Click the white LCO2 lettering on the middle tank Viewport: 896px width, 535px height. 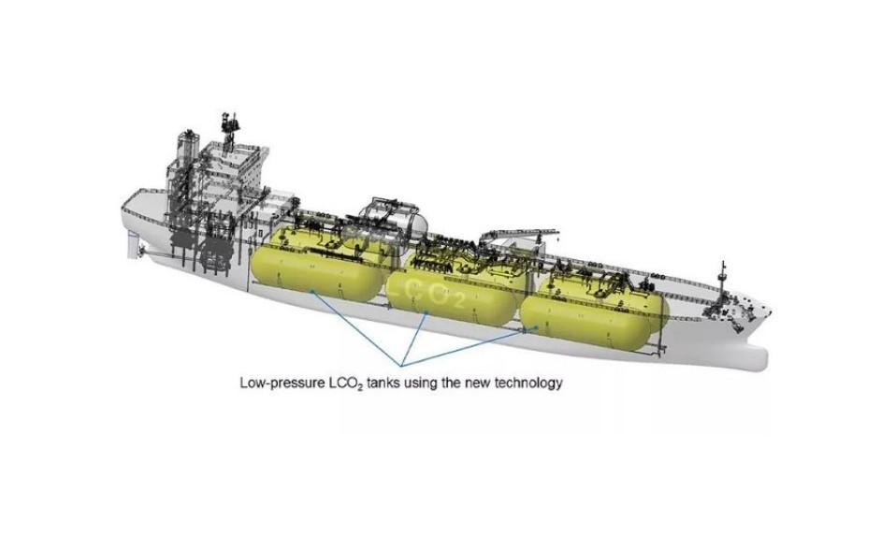click(434, 293)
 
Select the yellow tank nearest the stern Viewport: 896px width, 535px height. click(316, 267)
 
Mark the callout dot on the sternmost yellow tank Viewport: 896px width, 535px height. click(312, 291)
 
